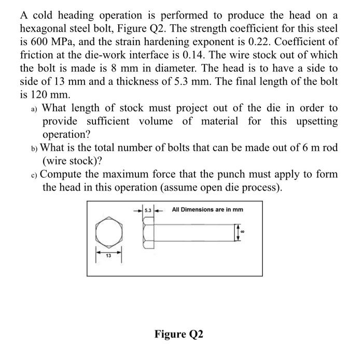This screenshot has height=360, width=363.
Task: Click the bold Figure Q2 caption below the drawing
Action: [x=179, y=334]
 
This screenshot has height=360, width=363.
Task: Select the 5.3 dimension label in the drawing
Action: [x=147, y=210]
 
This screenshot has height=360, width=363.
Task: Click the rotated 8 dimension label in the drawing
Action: [x=242, y=232]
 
